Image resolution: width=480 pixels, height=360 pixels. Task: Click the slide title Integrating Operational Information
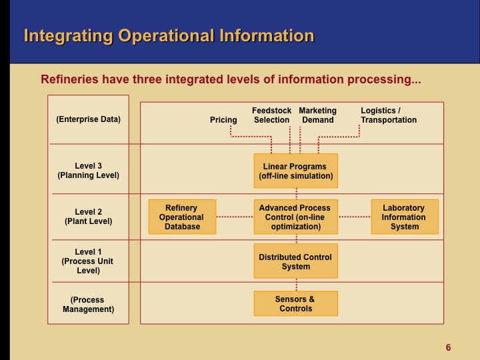click(x=169, y=35)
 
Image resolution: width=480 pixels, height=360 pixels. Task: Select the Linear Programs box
click(x=295, y=171)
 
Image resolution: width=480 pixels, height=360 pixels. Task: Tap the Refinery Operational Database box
click(x=181, y=217)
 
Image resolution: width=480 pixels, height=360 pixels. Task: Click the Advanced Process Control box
click(x=295, y=217)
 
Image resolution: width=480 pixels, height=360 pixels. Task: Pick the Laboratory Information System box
click(x=404, y=217)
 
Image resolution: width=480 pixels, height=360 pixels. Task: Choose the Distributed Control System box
click(x=295, y=261)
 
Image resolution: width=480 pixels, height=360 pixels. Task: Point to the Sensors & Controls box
click(x=295, y=303)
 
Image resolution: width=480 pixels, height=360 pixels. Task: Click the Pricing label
click(x=223, y=120)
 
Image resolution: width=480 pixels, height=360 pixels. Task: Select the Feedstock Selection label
click(x=271, y=115)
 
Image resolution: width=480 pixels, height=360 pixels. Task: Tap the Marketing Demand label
click(x=318, y=115)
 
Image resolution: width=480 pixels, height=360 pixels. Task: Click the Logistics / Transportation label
click(x=389, y=115)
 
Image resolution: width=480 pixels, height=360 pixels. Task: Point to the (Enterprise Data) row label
click(x=89, y=119)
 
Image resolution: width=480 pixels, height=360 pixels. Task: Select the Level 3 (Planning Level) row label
click(x=89, y=171)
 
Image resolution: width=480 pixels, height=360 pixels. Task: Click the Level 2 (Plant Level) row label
click(x=89, y=217)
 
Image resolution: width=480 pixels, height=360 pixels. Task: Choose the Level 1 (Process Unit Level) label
click(x=89, y=261)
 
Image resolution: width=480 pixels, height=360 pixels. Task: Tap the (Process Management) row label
click(x=89, y=305)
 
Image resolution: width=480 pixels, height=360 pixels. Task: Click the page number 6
click(x=448, y=347)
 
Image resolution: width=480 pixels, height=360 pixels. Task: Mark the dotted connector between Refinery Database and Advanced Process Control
click(x=235, y=217)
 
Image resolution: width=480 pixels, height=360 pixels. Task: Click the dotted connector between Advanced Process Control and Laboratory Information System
click(x=354, y=217)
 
